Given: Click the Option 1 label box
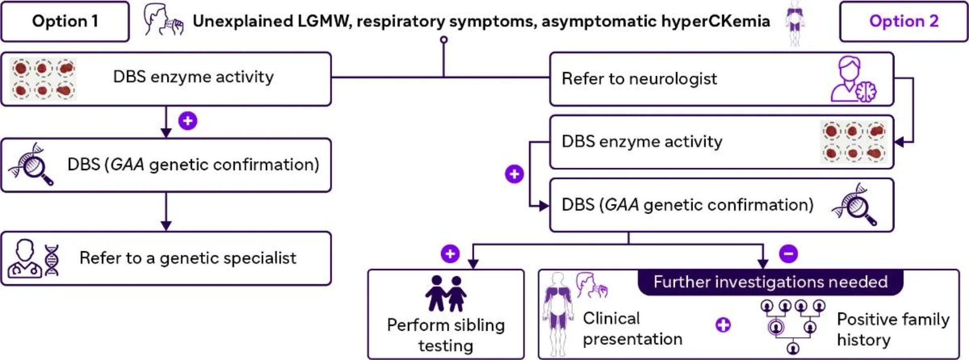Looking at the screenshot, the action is (x=65, y=21).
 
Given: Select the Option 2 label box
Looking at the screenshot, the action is (x=904, y=21).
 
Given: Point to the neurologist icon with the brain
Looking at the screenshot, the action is (x=853, y=79).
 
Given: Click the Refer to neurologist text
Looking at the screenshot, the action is (x=639, y=79).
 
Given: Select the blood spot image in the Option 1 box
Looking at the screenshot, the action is (x=43, y=79).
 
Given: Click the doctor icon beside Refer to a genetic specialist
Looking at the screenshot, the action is (x=24, y=258).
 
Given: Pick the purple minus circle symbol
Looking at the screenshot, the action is (x=788, y=253).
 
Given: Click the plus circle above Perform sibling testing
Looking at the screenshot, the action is (x=450, y=253).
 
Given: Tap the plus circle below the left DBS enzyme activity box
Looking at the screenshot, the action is (x=188, y=121).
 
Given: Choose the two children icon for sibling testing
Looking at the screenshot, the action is (x=446, y=293).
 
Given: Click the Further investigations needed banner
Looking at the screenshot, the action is (x=770, y=282).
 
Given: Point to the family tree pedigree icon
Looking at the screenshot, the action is (x=793, y=326).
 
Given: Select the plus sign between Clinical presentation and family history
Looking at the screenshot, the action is (x=723, y=325).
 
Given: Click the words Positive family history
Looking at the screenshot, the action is (x=893, y=329).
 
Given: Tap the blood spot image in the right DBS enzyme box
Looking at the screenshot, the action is (x=853, y=142).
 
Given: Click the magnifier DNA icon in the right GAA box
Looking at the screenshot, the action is (x=854, y=204).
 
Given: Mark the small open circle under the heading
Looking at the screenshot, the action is (x=444, y=39).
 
